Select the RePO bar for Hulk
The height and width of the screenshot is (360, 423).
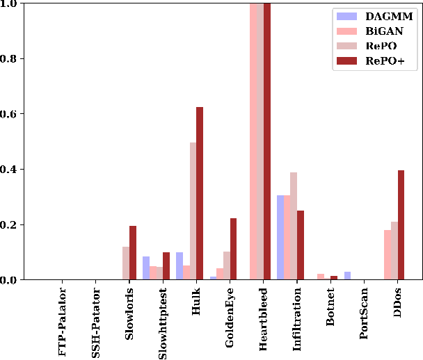(193, 211)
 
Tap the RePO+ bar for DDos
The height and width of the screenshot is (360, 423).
(401, 225)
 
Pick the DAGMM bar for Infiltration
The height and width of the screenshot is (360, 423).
(280, 238)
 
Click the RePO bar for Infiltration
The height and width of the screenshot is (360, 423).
(294, 226)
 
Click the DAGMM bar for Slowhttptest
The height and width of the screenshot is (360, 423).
(146, 268)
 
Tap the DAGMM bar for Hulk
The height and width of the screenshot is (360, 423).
(179, 266)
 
